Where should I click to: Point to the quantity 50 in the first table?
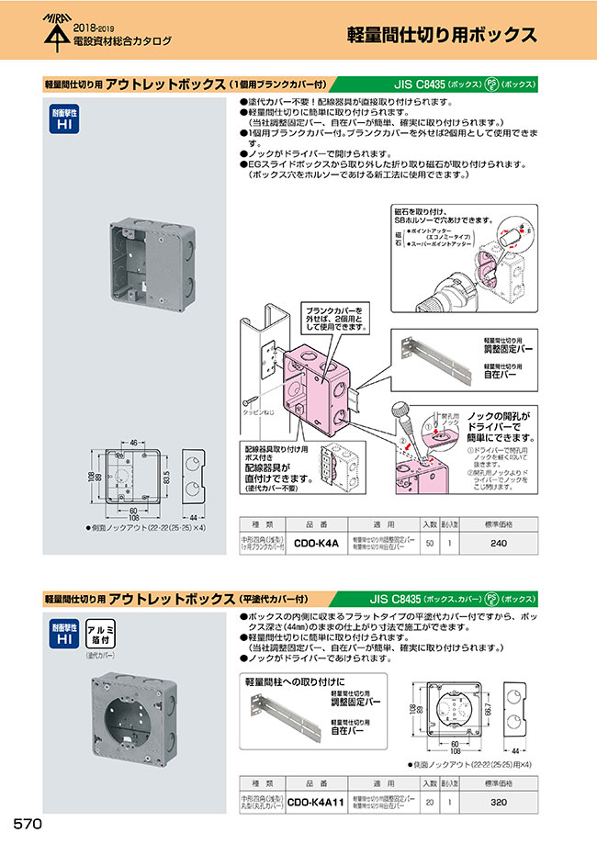click(431, 544)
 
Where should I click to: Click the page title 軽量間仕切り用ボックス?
click(441, 35)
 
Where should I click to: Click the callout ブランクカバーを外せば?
click(334, 318)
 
